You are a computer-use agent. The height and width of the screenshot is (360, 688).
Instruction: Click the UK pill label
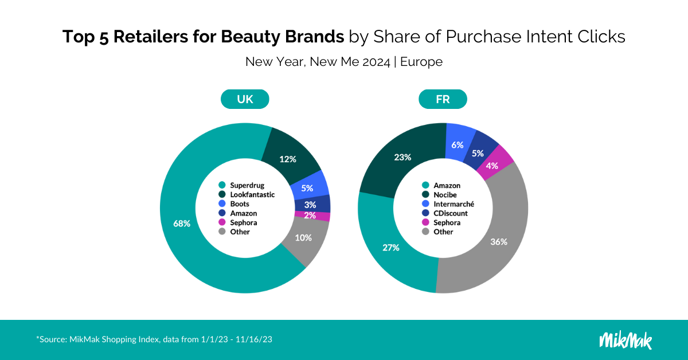[245, 99]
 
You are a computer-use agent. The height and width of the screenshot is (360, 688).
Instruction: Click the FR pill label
[443, 99]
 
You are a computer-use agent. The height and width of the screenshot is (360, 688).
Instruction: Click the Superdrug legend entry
[241, 185]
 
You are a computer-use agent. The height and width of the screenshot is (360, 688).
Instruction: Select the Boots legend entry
[234, 204]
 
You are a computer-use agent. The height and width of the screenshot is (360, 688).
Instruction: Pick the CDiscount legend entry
[445, 213]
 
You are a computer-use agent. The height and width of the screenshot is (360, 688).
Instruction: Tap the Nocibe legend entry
[439, 195]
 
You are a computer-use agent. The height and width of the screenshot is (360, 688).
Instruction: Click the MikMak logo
[626, 341]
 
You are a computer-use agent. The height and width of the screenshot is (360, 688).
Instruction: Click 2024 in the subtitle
[376, 62]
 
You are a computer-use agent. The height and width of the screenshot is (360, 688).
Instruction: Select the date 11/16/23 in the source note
[253, 339]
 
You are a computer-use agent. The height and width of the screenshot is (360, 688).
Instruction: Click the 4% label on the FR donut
[492, 166]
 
